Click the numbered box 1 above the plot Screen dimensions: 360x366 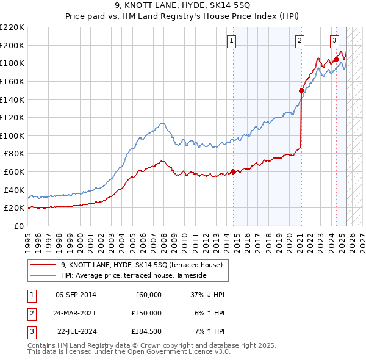232,41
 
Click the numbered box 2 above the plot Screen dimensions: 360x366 300,41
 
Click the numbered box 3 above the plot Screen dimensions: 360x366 335,41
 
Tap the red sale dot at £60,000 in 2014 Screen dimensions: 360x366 233,171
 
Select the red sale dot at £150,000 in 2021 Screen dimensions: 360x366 301,90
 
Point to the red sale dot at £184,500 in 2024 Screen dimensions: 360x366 336,59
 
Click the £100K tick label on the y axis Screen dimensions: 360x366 12,135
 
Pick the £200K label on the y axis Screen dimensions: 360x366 12,45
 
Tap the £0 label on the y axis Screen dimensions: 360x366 19,226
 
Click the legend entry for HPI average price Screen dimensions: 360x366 134,276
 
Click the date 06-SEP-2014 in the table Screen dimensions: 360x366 76,295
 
